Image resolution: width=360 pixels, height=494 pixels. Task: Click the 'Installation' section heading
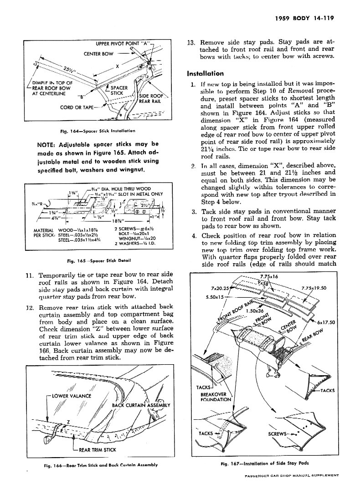click(205, 73)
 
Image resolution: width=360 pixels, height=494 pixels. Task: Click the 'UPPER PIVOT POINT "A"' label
click(123, 44)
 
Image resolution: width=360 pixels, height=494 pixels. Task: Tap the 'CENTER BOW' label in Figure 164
click(98, 54)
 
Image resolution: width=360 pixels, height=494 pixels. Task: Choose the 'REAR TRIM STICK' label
click(97, 450)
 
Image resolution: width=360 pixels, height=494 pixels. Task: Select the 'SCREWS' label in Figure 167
click(279, 433)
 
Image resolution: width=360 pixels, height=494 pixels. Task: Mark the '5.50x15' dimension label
click(216, 297)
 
